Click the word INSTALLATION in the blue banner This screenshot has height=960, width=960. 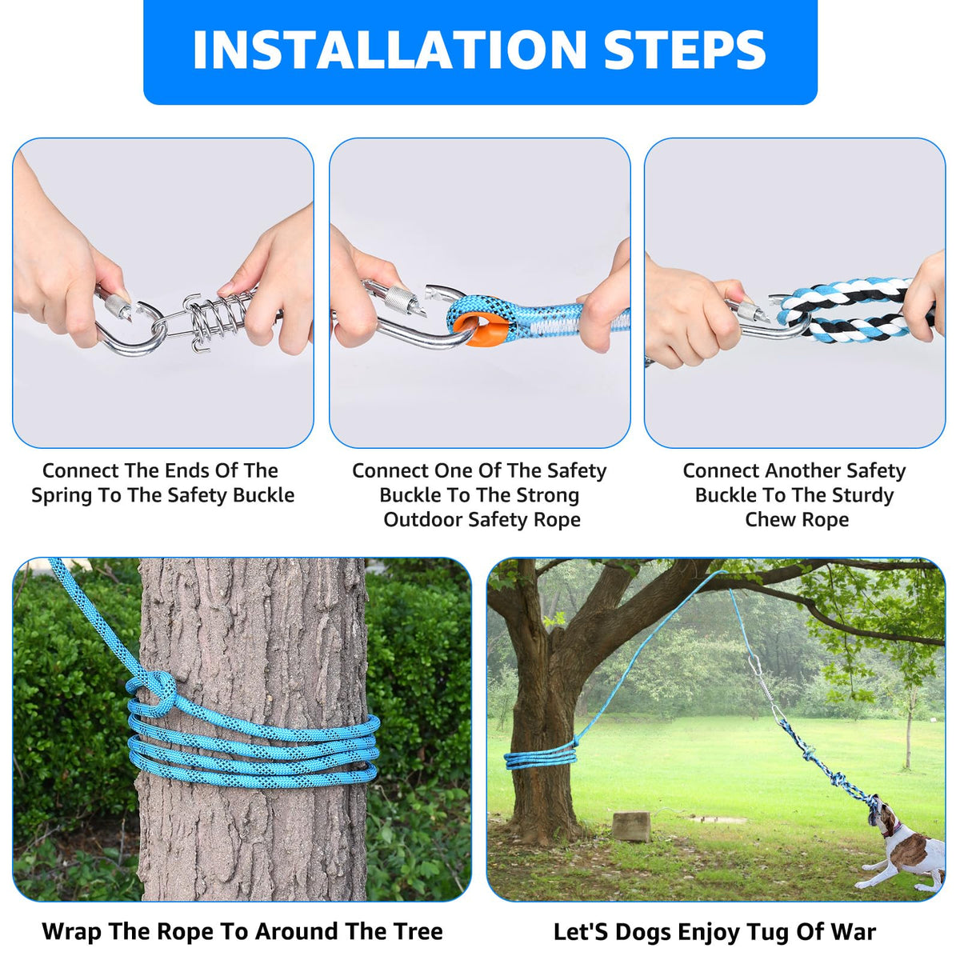click(x=390, y=50)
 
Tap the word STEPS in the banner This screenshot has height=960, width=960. click(x=686, y=50)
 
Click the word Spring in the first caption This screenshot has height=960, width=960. click(x=62, y=496)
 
